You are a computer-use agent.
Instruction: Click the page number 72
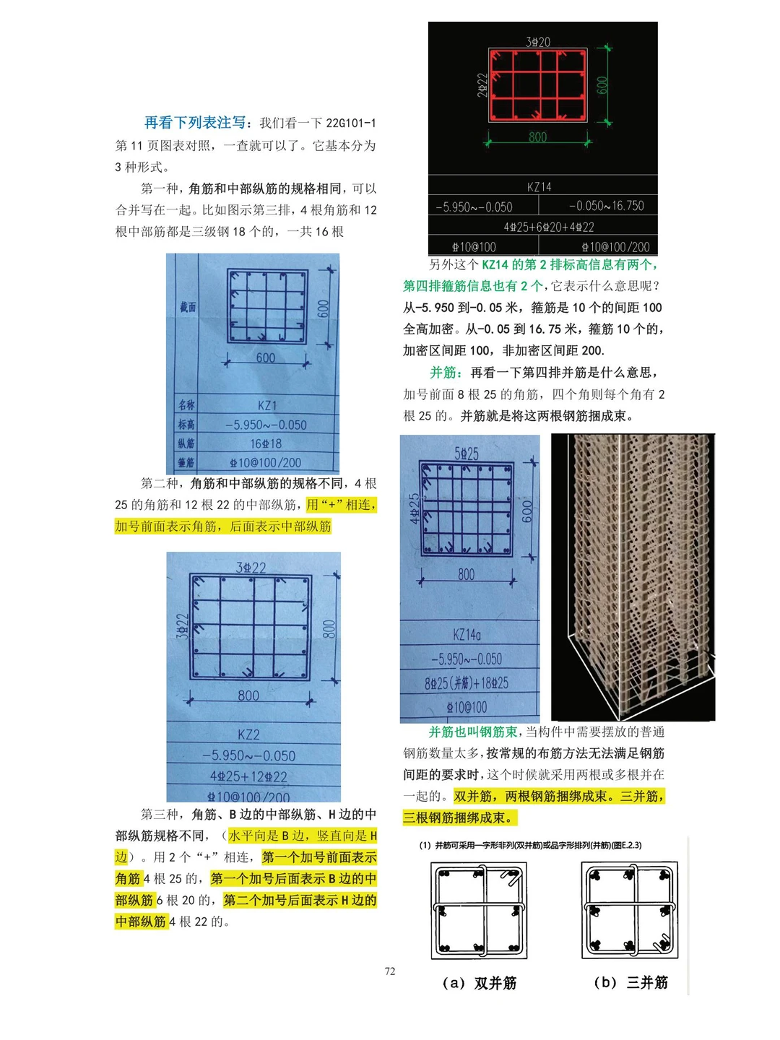390,971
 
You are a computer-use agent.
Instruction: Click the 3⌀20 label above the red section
538,42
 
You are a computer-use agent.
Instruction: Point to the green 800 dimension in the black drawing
538,136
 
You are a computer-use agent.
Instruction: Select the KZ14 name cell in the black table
539,187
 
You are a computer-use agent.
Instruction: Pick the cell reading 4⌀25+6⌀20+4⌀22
549,227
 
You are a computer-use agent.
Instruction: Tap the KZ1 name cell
266,405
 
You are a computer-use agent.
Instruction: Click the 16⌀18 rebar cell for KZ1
266,443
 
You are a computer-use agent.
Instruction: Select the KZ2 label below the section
248,734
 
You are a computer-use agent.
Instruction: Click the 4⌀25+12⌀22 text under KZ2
248,776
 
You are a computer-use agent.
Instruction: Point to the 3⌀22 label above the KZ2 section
251,568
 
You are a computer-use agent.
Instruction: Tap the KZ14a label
467,635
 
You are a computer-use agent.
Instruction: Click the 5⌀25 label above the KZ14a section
467,454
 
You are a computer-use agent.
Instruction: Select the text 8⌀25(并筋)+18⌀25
467,682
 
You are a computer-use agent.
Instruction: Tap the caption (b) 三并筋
630,982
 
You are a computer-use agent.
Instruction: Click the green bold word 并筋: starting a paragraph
446,373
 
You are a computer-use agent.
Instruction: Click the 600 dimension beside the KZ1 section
324,308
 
